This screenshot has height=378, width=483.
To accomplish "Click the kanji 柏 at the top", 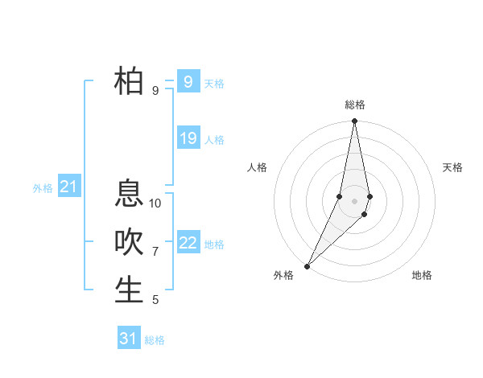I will pyautogui.click(x=129, y=81).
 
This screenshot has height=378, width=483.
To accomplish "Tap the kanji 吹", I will pyautogui.click(x=129, y=242).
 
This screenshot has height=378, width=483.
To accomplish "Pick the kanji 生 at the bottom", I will pyautogui.click(x=129, y=290).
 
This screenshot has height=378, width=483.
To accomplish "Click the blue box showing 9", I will pyautogui.click(x=188, y=82).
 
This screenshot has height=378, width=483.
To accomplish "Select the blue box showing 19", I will pyautogui.click(x=188, y=138).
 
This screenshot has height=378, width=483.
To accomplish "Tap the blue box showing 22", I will pyautogui.click(x=188, y=243).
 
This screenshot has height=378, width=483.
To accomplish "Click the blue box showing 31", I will pyautogui.click(x=128, y=339).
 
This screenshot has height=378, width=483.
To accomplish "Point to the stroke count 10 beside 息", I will pyautogui.click(x=155, y=203).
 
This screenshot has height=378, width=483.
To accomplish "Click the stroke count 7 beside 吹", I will pyautogui.click(x=155, y=252).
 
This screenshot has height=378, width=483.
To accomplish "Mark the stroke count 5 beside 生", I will pyautogui.click(x=155, y=300).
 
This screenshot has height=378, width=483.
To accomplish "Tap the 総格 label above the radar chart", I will pyautogui.click(x=354, y=105).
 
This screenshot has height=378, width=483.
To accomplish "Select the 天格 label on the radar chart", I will pyautogui.click(x=452, y=167).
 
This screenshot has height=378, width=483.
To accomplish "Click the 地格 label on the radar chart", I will pyautogui.click(x=422, y=275).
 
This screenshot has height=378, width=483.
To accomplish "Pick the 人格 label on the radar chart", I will pyautogui.click(x=257, y=167).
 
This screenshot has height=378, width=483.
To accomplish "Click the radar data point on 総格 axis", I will pyautogui.click(x=354, y=121).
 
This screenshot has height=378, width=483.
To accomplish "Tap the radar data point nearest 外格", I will pyautogui.click(x=307, y=265).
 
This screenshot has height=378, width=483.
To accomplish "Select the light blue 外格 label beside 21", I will pyautogui.click(x=43, y=188).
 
